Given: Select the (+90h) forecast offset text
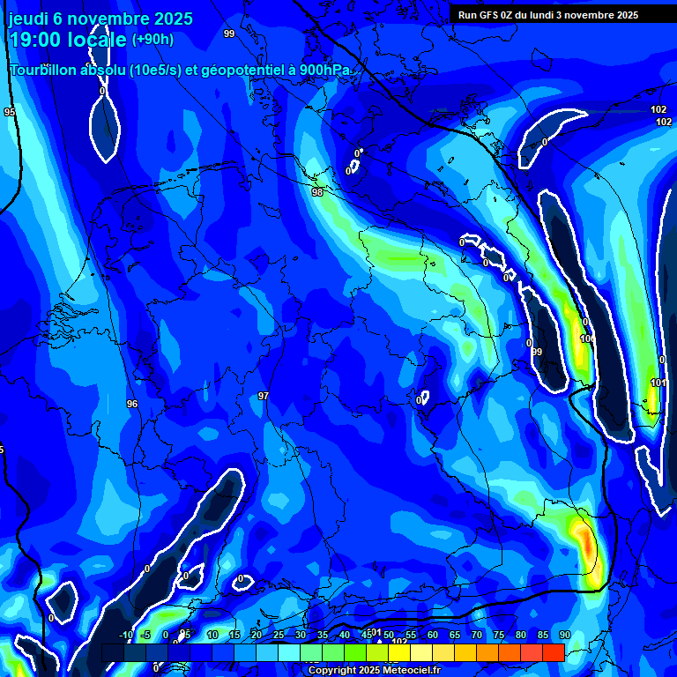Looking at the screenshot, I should pyautogui.click(x=153, y=40).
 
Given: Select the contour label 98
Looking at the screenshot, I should pyautogui.click(x=317, y=191).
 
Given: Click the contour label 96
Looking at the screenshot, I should pyautogui.click(x=132, y=404).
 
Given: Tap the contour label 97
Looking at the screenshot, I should pyautogui.click(x=263, y=397).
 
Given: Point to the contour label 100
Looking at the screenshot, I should pyautogui.click(x=587, y=338).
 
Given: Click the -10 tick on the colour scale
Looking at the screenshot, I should pyautogui.click(x=125, y=635).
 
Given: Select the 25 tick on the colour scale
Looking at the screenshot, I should pyautogui.click(x=279, y=635).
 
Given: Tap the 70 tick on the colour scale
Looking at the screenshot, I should pyautogui.click(x=477, y=635).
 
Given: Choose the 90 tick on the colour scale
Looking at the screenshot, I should pyautogui.click(x=564, y=635).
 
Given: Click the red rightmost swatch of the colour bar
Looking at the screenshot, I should pyautogui.click(x=553, y=652).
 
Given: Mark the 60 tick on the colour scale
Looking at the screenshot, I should pyautogui.click(x=433, y=635).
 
